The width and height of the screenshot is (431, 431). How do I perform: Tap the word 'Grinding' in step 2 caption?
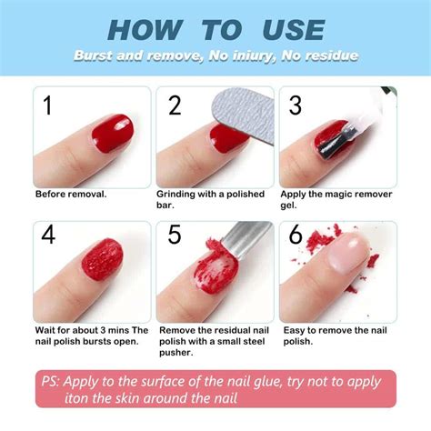click(178, 194)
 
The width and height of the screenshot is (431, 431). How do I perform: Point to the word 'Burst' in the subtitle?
click(94, 56)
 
